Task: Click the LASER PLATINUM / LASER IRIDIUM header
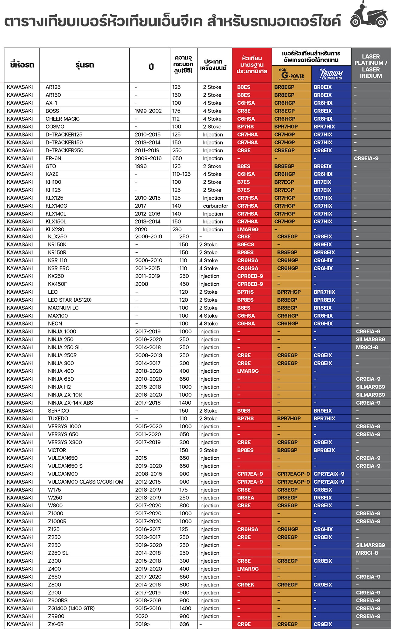(x=371, y=66)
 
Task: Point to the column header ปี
(x=151, y=66)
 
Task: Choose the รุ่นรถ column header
(x=85, y=65)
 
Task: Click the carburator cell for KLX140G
(x=215, y=206)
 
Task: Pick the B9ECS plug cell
(x=246, y=244)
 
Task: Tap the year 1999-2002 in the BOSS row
(x=148, y=111)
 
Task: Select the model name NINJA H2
(x=59, y=387)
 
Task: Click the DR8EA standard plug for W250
(x=246, y=498)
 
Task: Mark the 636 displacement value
(x=184, y=624)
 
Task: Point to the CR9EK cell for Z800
(x=246, y=585)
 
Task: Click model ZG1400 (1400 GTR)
(x=71, y=608)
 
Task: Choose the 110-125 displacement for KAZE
(x=181, y=174)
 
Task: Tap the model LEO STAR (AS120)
(x=70, y=300)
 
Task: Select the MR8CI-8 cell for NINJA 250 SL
(x=367, y=347)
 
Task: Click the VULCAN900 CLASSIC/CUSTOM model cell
(x=85, y=482)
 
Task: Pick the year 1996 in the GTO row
(x=141, y=166)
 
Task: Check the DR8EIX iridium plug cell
(x=323, y=498)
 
